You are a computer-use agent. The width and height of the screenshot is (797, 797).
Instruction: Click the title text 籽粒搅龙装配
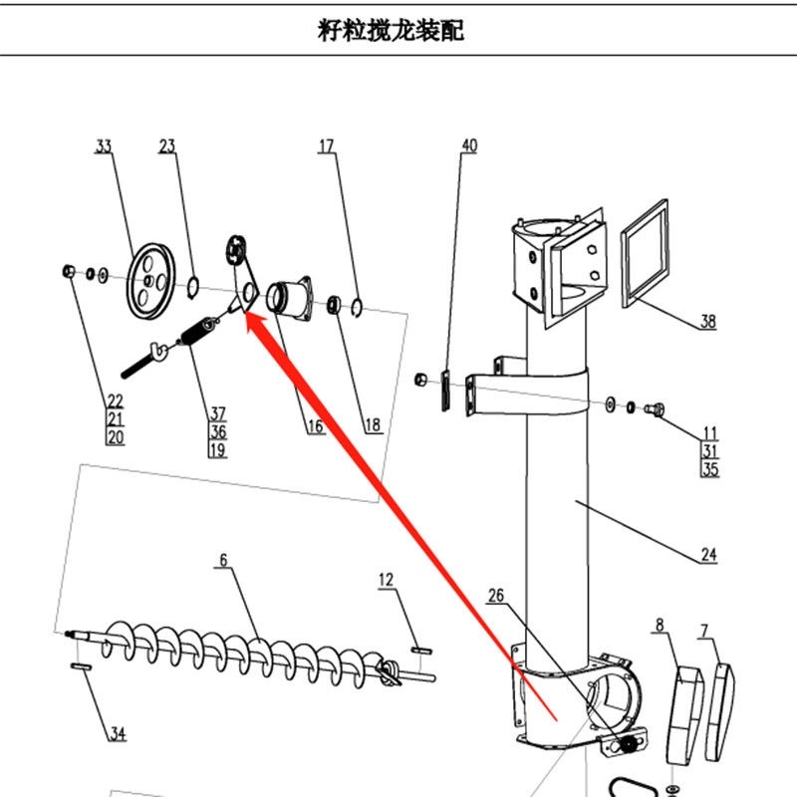pyautogui.click(x=390, y=31)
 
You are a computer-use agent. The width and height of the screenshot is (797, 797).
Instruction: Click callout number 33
pyautogui.click(x=104, y=146)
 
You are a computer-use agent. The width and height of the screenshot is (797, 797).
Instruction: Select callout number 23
pyautogui.click(x=166, y=146)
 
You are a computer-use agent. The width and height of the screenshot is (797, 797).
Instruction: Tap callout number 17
pyautogui.click(x=327, y=146)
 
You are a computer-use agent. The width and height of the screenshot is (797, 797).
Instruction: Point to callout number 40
pyautogui.click(x=469, y=145)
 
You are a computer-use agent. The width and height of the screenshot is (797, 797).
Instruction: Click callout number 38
pyautogui.click(x=707, y=322)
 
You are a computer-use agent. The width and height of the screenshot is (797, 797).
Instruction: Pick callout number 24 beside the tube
pyautogui.click(x=708, y=555)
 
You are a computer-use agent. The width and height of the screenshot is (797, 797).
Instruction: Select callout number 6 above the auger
pyautogui.click(x=223, y=561)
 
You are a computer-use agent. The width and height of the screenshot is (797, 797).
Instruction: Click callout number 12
pyautogui.click(x=387, y=579)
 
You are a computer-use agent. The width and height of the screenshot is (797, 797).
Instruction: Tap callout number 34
pyautogui.click(x=118, y=734)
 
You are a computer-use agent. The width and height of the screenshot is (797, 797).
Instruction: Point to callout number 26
pyautogui.click(x=496, y=596)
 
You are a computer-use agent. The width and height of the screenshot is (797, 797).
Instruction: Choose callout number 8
pyautogui.click(x=659, y=626)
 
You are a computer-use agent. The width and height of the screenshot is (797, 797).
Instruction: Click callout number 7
pyautogui.click(x=705, y=630)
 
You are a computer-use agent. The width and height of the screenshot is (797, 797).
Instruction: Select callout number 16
pyautogui.click(x=315, y=426)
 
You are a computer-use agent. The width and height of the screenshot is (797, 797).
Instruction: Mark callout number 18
pyautogui.click(x=372, y=425)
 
